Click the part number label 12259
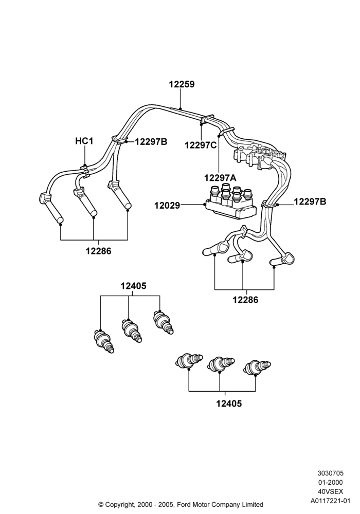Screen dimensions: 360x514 click(x=182, y=84)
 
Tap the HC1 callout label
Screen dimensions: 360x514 click(x=84, y=141)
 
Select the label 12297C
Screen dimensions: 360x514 click(x=201, y=145)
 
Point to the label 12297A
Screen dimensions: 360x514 click(x=220, y=177)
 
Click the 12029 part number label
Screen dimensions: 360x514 click(x=167, y=206)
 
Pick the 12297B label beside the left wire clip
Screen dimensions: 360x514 click(x=151, y=142)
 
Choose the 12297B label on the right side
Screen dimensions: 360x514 click(x=310, y=201)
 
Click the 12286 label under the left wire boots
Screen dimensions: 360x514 click(x=98, y=251)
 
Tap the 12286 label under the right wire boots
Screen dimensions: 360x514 click(x=246, y=300)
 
